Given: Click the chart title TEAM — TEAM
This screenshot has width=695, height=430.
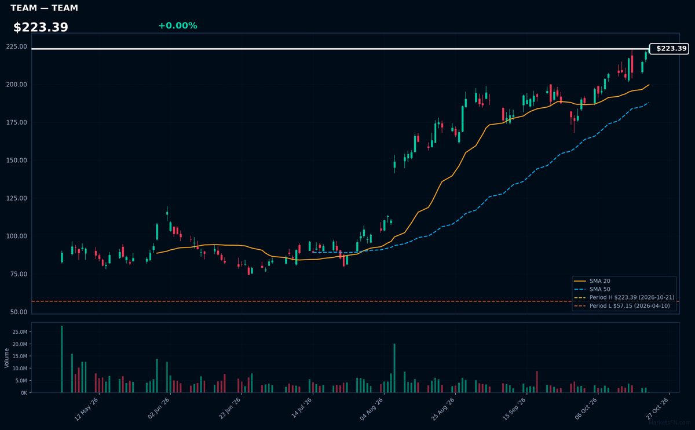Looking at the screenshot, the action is click(44, 8).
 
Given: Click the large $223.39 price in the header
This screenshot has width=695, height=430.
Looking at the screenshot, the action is click(41, 27).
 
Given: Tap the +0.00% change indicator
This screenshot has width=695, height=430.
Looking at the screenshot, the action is click(178, 25).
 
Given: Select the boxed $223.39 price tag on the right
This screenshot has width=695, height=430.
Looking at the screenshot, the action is click(669, 49).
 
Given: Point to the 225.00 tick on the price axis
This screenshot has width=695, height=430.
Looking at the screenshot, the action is click(16, 46).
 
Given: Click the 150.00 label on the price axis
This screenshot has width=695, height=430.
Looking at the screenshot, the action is click(16, 160).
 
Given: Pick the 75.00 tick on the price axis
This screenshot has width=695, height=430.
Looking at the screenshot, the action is click(19, 274).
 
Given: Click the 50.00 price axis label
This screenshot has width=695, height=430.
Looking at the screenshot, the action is click(19, 312).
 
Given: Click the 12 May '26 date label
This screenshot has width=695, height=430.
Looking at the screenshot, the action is click(86, 409).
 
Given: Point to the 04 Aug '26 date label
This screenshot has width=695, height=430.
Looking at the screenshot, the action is click(372, 409).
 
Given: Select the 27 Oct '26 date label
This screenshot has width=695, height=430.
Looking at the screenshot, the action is click(657, 409).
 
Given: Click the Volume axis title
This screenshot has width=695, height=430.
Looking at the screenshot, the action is click(6, 358).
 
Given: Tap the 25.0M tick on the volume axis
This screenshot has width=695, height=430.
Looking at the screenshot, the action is click(20, 332).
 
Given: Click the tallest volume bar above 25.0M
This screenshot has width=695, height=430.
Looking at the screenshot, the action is click(62, 359).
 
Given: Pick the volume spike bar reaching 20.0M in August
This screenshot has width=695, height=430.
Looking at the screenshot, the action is click(394, 368).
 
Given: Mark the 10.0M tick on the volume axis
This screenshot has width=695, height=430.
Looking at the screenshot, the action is click(20, 368).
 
